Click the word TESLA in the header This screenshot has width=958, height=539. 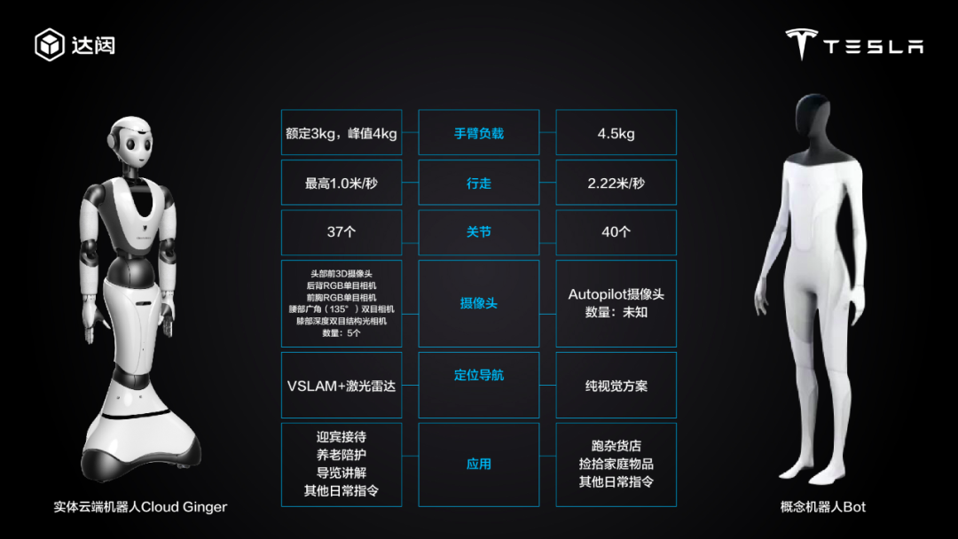click(874, 46)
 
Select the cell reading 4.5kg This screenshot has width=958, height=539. click(616, 133)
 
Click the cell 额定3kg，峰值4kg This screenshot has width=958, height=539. click(341, 133)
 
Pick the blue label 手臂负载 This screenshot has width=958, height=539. click(479, 133)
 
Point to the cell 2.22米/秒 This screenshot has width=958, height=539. click(616, 183)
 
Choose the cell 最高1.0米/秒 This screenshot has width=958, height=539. click(341, 183)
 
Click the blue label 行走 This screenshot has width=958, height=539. click(479, 183)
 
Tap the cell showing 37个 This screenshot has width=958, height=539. click(341, 232)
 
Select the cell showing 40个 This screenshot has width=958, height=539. click(616, 232)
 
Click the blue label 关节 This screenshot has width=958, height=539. click(479, 232)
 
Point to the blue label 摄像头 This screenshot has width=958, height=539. click(479, 303)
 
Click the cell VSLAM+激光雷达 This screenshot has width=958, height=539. click(341, 386)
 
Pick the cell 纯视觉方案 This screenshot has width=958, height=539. click(616, 386)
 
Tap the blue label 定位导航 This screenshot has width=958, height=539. click(479, 375)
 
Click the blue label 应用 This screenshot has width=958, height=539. click(479, 464)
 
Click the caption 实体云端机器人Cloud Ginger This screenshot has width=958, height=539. click(140, 507)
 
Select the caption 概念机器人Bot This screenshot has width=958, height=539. click(823, 507)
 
